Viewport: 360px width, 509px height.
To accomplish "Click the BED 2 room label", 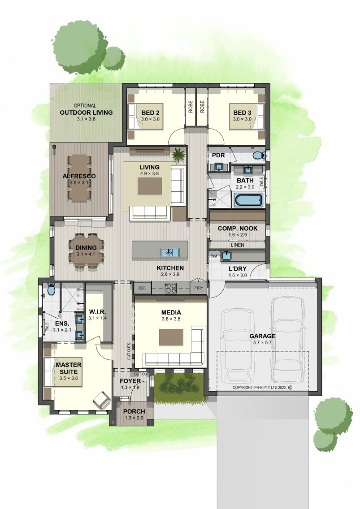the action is [150, 112].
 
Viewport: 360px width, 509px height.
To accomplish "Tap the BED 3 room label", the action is [242, 112].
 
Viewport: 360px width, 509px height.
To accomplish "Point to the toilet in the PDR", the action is [259, 155].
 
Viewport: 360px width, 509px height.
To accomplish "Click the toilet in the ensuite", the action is [52, 289].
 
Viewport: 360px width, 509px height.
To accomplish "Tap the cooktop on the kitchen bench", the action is [171, 288].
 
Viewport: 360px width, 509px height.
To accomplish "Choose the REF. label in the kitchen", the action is [142, 288].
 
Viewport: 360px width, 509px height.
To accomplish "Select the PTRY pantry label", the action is [198, 288].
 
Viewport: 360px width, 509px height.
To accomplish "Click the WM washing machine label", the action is [214, 256].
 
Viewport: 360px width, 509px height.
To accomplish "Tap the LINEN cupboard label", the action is [237, 245].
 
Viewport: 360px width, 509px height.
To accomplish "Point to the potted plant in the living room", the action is [178, 154].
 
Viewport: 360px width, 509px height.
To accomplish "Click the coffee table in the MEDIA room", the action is [171, 337].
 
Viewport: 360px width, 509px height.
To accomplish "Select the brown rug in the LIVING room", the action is [149, 186].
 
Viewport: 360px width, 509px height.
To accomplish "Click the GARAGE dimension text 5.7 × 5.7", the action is [262, 342].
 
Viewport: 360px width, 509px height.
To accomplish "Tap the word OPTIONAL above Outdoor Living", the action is [85, 105].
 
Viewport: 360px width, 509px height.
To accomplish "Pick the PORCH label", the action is [134, 411].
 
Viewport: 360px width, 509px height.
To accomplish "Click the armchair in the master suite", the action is [101, 400].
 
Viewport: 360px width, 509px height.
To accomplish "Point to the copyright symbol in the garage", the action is [290, 387].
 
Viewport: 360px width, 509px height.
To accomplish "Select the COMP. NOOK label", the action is [238, 228].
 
